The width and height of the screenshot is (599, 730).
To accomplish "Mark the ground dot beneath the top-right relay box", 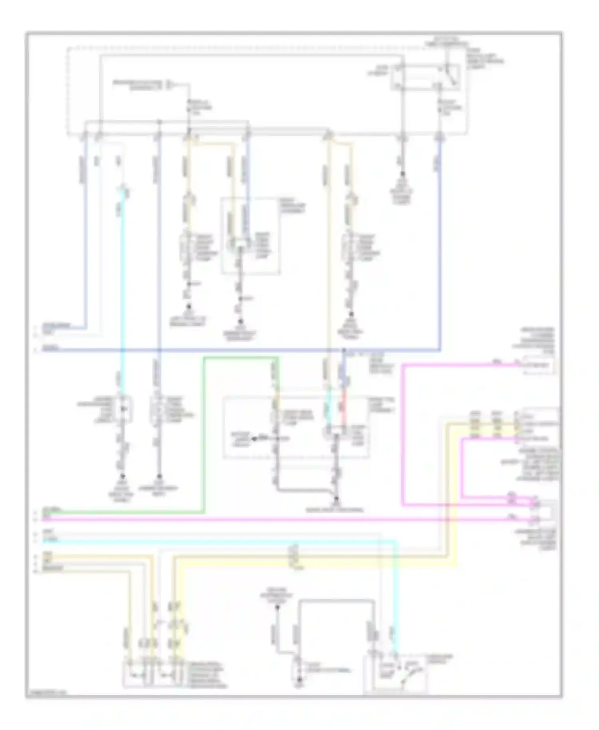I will click(403, 174).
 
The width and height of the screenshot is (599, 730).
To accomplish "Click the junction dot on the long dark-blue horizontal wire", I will click(343, 350).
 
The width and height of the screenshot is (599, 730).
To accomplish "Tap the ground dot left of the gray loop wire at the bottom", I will click(277, 607).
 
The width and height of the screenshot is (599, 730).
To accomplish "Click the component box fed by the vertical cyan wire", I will click(123, 409).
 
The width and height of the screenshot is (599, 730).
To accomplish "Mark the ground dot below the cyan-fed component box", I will click(122, 476).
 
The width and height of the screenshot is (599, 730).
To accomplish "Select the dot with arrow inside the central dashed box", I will click(253, 439).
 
